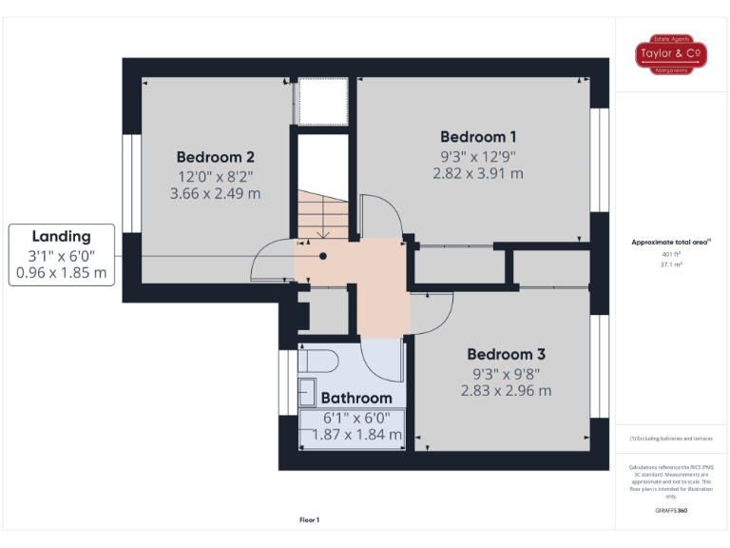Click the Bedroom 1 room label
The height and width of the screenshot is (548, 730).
click(x=478, y=136)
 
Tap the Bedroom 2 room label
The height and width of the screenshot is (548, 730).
click(x=215, y=157)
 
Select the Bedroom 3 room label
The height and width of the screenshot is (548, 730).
click(x=506, y=354)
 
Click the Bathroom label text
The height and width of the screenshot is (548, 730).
click(x=355, y=398)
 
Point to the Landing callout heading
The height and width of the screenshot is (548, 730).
click(x=61, y=236)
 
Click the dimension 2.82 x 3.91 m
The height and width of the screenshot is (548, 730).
click(x=478, y=173)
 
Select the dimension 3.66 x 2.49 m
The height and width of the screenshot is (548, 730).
click(x=215, y=194)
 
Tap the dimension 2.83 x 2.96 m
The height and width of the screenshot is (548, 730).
click(x=506, y=390)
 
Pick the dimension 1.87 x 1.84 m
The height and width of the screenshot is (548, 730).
click(x=356, y=435)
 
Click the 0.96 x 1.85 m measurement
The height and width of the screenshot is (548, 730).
click(x=61, y=273)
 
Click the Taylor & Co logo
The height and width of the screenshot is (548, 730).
click(x=671, y=54)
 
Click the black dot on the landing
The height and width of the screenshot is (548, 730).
click(x=323, y=256)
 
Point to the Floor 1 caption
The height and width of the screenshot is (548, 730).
click(x=309, y=519)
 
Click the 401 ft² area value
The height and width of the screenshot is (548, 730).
click(x=671, y=255)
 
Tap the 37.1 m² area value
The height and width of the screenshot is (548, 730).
click(x=671, y=265)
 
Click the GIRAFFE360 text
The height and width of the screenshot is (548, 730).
click(x=671, y=511)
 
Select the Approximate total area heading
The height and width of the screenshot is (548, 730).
click(x=671, y=243)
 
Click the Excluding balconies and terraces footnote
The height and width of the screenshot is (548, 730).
click(x=671, y=439)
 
